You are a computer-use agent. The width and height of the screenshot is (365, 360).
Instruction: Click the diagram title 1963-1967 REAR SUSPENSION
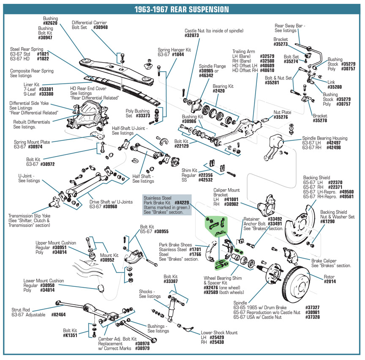(182, 9)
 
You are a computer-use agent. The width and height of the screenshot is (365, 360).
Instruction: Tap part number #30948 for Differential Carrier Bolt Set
(101, 27)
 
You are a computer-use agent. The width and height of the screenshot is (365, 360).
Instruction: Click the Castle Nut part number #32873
(191, 36)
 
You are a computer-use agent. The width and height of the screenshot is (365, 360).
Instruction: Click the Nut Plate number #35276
(281, 117)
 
